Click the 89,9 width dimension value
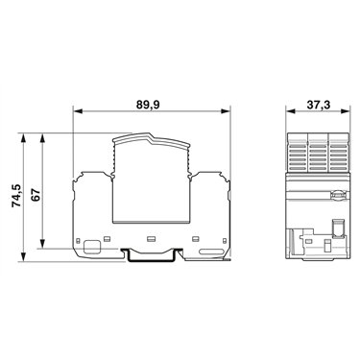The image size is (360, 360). point(148,105)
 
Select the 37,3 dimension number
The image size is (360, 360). point(319,105)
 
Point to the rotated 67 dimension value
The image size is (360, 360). point(36,195)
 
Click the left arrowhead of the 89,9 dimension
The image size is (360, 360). point(78,111)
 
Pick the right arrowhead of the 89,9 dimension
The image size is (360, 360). point(226,111)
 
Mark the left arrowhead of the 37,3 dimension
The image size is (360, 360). point(291,111)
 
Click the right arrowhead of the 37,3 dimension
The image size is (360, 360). point(345,111)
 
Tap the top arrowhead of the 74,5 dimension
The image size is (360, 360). point(23,138)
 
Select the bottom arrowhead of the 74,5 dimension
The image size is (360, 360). point(23,256)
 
